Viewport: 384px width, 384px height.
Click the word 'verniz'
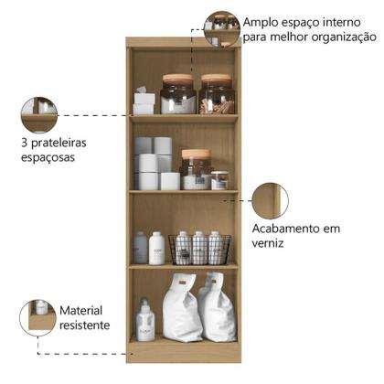269,245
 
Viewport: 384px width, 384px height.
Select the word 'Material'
82,310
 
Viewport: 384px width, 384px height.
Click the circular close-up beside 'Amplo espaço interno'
221,28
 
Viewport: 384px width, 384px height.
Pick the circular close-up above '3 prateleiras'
39,115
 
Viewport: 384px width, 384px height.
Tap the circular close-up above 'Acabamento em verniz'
269,200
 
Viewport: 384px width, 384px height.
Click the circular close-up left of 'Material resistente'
37,317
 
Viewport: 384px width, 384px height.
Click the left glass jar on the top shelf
178,94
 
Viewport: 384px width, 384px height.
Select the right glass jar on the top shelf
217,94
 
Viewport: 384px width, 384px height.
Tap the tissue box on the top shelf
144,101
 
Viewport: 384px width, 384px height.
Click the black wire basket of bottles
198,248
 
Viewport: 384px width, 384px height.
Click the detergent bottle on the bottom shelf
144,321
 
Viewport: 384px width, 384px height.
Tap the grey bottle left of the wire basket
140,248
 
